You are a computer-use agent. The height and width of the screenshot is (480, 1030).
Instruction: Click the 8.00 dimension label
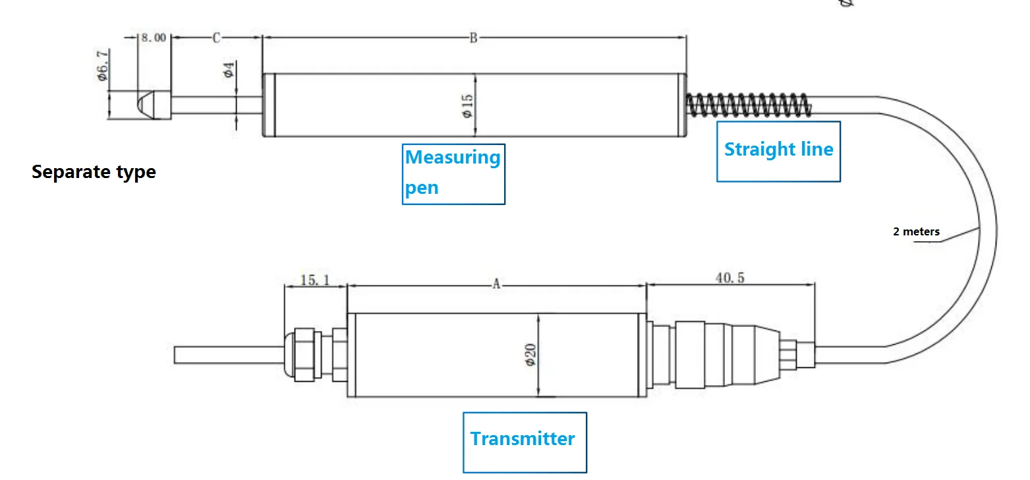[154, 38]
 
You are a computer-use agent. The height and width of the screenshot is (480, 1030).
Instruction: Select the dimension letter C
[216, 38]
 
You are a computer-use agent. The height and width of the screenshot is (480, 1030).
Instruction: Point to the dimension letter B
[472, 38]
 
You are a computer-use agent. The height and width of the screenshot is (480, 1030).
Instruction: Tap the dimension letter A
[497, 285]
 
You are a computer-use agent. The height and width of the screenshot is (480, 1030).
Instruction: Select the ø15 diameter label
[467, 105]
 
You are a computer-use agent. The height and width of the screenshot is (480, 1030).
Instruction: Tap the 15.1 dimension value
[315, 280]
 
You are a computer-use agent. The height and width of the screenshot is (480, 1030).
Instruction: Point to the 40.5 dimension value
[730, 278]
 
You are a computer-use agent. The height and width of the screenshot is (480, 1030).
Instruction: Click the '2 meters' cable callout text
[916, 231]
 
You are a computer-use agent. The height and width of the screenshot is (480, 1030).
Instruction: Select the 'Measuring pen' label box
[453, 173]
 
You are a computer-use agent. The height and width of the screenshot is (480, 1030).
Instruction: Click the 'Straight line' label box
[778, 151]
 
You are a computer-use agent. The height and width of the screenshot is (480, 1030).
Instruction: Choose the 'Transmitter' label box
[524, 440]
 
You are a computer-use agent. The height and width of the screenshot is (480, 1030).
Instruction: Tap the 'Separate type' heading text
[94, 172]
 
